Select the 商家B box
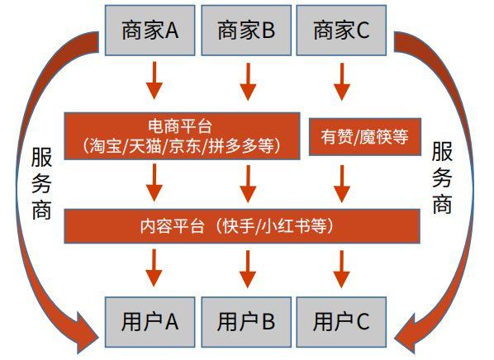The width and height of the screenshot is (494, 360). click(x=246, y=31)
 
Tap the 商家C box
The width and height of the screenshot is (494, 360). click(x=342, y=31)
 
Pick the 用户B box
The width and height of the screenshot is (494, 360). click(x=246, y=321)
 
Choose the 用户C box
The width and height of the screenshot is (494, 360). click(x=342, y=321)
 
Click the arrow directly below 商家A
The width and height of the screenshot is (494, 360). click(x=150, y=83)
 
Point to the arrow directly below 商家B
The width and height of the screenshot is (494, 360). click(x=246, y=83)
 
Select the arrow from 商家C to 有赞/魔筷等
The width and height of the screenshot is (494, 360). click(x=342, y=83)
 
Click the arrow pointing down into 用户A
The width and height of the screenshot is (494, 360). click(x=150, y=268)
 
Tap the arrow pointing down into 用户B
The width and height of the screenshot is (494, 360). click(x=246, y=268)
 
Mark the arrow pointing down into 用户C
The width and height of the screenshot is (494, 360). click(x=342, y=268)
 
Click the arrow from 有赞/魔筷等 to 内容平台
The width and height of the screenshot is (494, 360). click(x=342, y=182)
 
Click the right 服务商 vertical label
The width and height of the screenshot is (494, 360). click(x=442, y=178)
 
